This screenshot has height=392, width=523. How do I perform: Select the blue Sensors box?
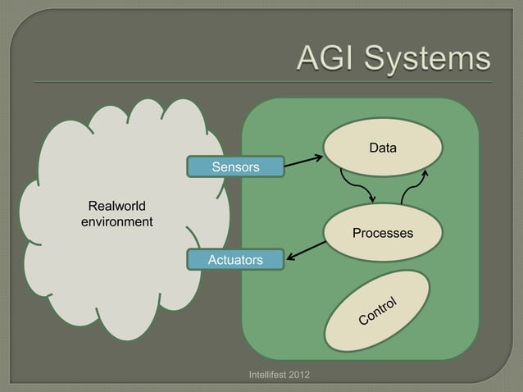[x=235, y=167]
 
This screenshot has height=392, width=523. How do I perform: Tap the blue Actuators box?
[x=235, y=260]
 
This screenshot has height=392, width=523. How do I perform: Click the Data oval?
[x=382, y=148]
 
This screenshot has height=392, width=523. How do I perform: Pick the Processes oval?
[x=382, y=234]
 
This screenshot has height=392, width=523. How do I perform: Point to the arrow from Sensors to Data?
[x=302, y=159]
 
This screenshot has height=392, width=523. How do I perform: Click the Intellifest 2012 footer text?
[x=278, y=375]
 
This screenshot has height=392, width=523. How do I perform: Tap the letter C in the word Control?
[x=362, y=319]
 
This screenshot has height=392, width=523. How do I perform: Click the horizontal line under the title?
[x=261, y=82]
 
